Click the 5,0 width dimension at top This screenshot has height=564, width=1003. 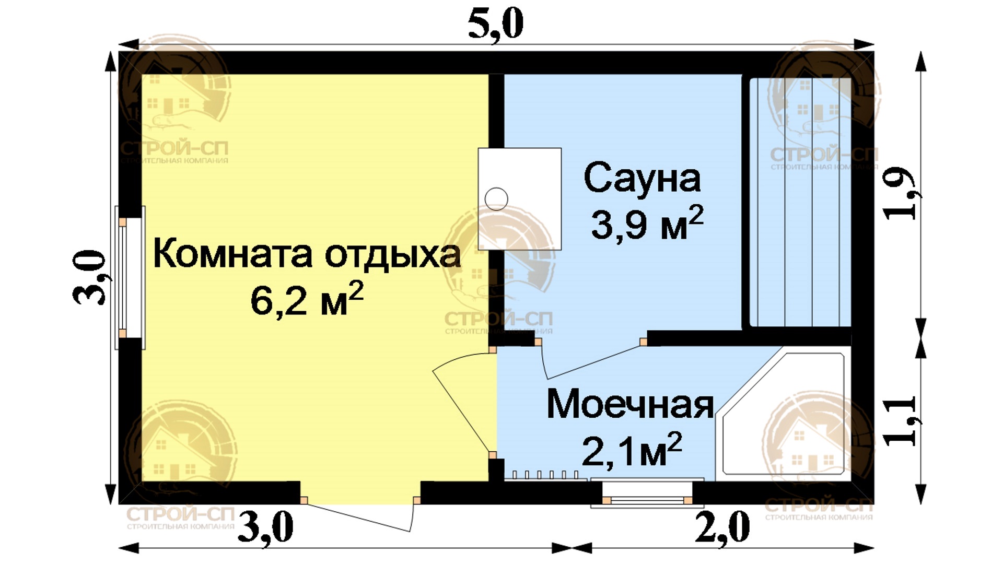495,24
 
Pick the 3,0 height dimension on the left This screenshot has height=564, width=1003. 90,277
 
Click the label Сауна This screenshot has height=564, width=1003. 642,179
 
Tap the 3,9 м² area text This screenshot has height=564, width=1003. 647,223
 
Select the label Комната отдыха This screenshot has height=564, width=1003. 307,255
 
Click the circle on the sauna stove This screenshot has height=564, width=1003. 496,199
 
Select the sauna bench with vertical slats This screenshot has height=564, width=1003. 800,202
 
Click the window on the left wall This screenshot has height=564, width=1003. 130,277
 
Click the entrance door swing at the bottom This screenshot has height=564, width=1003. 360,516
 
